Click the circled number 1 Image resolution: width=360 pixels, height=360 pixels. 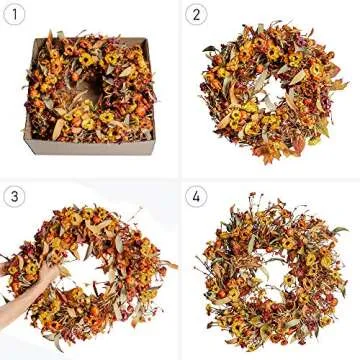point(14,14)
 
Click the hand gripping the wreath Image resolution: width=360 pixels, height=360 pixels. point(46,272)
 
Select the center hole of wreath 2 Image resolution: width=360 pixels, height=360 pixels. point(268,90)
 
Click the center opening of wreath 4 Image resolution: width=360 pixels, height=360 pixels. point(270,272)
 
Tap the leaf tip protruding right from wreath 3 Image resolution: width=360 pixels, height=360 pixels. point(171,265)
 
